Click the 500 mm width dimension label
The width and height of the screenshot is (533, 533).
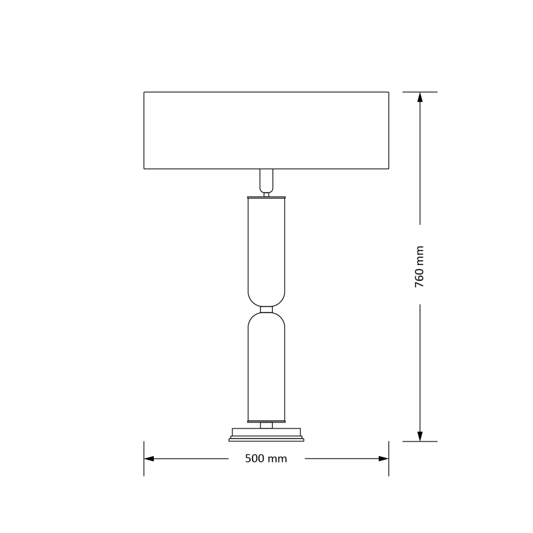(266, 459)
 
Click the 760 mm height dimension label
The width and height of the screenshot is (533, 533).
(420, 266)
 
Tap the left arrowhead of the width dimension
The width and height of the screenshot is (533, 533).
(149, 459)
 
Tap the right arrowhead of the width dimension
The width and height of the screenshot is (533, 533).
(384, 459)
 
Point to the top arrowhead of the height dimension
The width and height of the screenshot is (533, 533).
(420, 97)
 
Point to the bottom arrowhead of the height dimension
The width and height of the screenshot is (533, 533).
(420, 436)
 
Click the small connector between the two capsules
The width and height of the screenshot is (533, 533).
(266, 310)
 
